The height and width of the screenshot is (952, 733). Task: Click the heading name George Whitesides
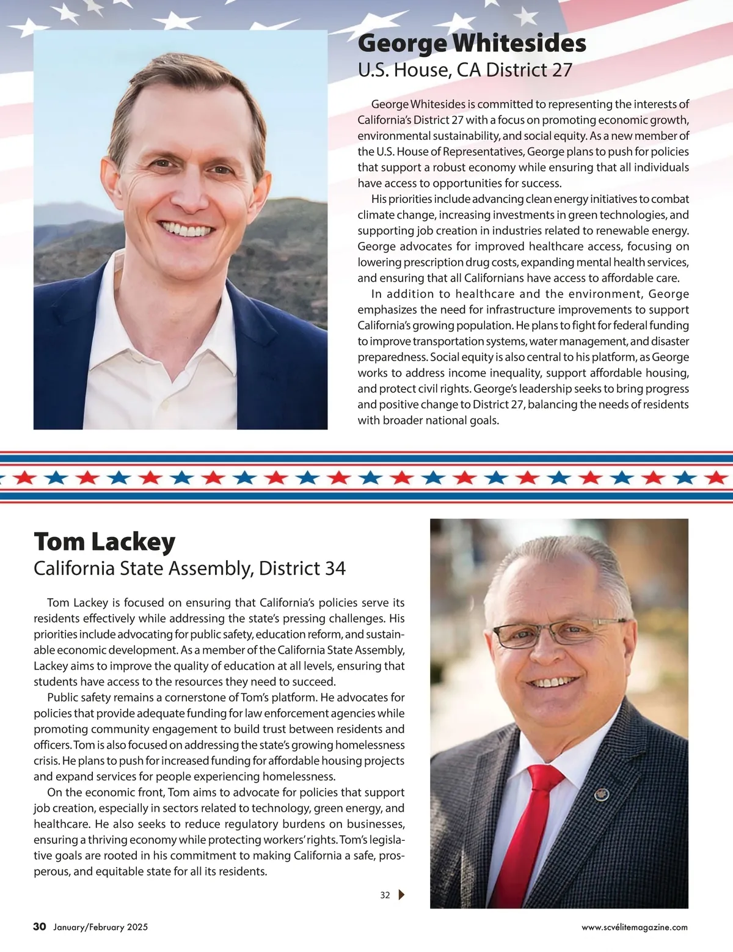point(472,44)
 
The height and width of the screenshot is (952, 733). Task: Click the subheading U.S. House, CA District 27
point(465,70)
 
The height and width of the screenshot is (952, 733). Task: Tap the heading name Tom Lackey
point(104,541)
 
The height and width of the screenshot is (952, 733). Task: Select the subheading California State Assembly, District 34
point(189,568)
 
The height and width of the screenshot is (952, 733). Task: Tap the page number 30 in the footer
point(40,927)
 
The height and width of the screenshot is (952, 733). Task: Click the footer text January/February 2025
point(100,928)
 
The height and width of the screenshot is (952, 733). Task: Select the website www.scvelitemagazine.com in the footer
point(635,928)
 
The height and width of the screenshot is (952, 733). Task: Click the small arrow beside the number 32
point(401,895)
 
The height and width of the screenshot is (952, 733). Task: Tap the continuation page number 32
point(385,895)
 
